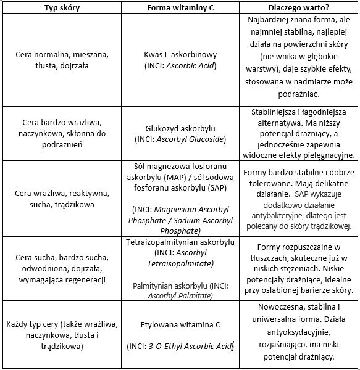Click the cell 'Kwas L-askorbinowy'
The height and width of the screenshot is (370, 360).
pyautogui.click(x=179, y=54)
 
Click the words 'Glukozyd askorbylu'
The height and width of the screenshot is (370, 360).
pyautogui.click(x=179, y=129)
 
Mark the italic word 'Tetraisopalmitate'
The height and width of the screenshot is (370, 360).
pyautogui.click(x=179, y=264)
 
